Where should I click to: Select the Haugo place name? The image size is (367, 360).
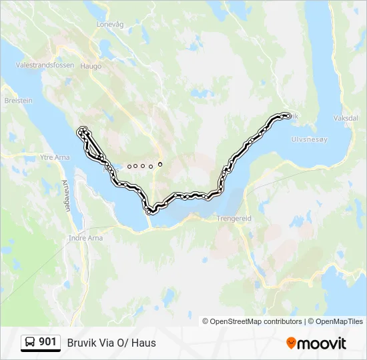click(91, 66)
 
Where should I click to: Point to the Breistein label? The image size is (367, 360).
click(18, 101)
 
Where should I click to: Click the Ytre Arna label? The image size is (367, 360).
click(55, 157)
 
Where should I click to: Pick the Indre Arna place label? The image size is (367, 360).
click(85, 237)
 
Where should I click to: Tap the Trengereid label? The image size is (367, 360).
click(234, 218)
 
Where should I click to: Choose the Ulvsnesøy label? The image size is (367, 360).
click(310, 139)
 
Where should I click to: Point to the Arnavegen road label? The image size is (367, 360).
click(66, 195)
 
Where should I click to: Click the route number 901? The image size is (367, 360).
click(47, 342)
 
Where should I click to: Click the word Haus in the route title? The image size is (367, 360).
click(145, 343)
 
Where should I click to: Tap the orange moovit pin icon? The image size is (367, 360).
click(291, 343)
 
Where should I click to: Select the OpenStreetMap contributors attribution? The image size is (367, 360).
click(256, 321)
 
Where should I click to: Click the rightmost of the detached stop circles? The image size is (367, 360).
click(160, 163)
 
